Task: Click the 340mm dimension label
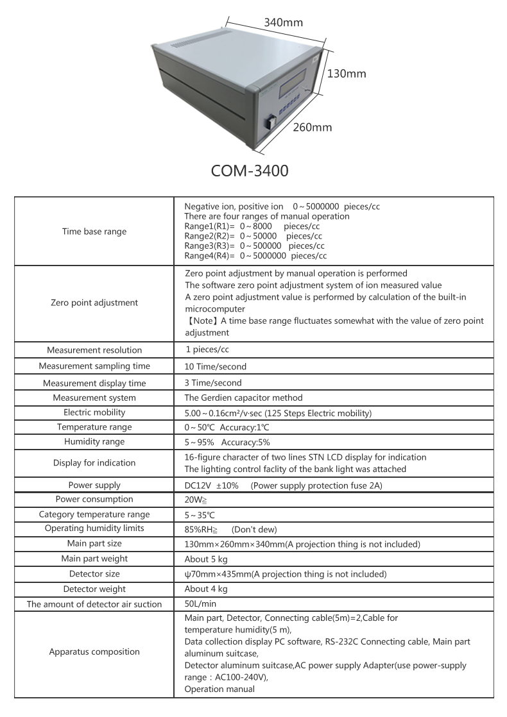[x=283, y=22]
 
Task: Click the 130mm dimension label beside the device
[x=347, y=74]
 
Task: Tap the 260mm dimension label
[x=313, y=127]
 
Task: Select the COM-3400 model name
[x=250, y=171]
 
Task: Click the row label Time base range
[x=94, y=232]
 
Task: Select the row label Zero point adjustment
[x=94, y=303]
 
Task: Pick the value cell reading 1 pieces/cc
[x=207, y=350]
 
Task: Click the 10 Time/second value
[x=215, y=366]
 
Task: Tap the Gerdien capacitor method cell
[x=243, y=398]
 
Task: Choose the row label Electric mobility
[x=94, y=412]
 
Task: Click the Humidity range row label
[x=94, y=442]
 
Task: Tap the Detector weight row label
[x=94, y=589]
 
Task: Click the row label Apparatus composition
[x=94, y=652]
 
